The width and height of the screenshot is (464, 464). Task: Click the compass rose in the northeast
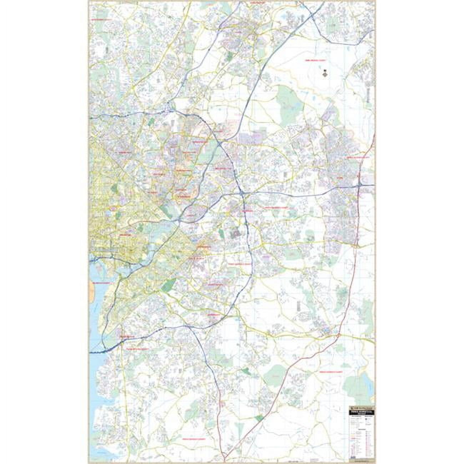[x=325, y=74]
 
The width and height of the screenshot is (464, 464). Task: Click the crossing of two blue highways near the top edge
[x=312, y=14]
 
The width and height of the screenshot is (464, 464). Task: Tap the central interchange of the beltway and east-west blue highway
[x=243, y=193]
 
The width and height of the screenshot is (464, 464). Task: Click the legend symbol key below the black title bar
[x=361, y=435]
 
